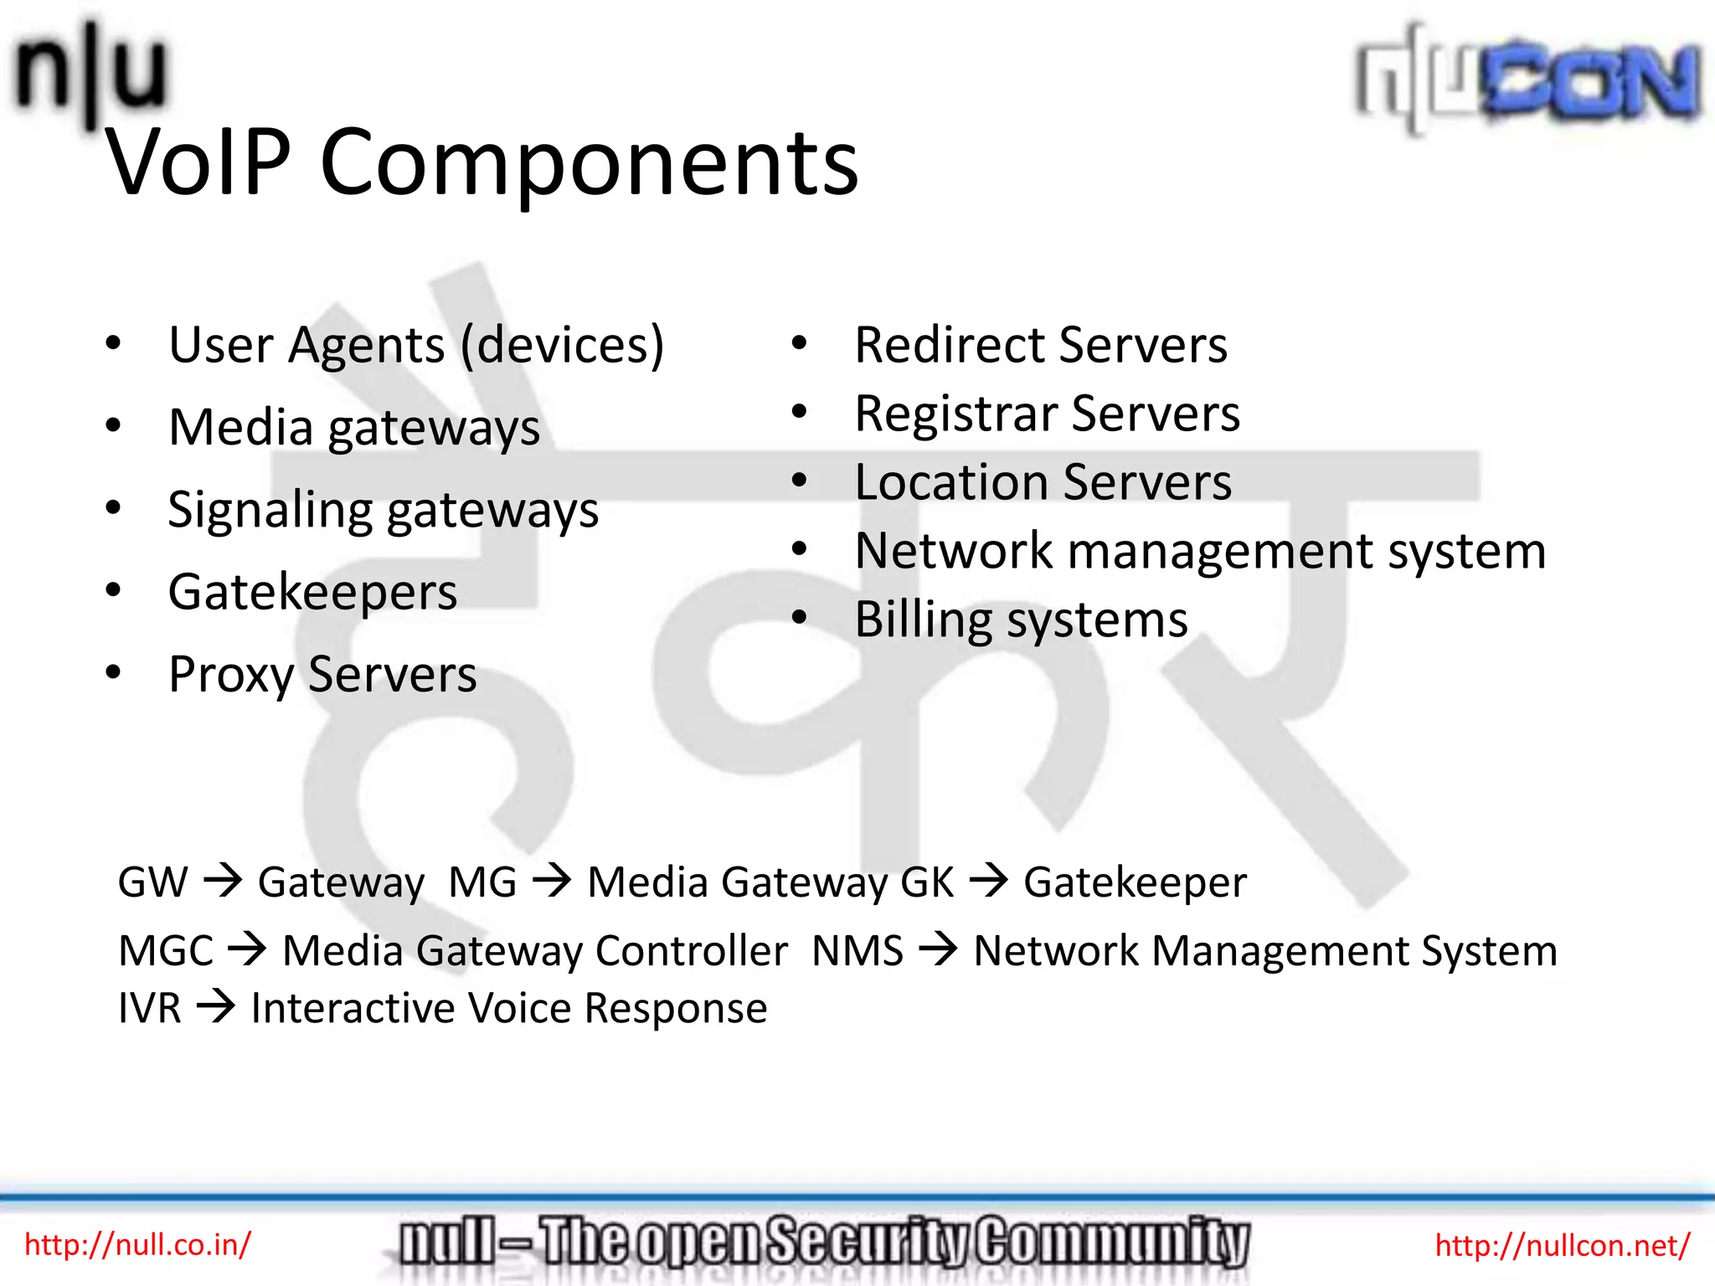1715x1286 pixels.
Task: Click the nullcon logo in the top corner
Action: (x=1529, y=80)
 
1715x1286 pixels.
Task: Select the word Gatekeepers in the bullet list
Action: (x=312, y=593)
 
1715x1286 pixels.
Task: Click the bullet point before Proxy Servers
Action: (x=113, y=671)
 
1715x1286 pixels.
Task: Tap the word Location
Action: (x=951, y=482)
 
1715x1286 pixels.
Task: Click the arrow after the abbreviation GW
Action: (x=223, y=881)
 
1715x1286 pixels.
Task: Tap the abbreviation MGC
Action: (x=166, y=950)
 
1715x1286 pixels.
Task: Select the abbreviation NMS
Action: (x=857, y=950)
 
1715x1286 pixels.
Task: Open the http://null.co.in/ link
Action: (x=137, y=1244)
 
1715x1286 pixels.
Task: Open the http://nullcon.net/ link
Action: (x=1563, y=1245)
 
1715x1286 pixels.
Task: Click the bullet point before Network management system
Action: (x=799, y=549)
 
